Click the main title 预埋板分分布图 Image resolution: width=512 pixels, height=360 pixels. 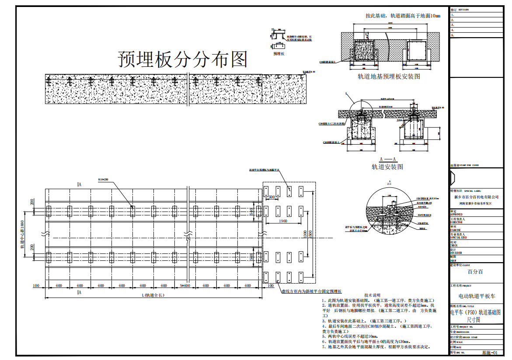183,59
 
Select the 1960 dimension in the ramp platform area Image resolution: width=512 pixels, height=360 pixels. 282,221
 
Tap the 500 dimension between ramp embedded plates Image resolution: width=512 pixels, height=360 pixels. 272,197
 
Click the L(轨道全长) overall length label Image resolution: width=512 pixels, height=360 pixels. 153,295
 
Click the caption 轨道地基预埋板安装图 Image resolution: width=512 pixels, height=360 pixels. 389,76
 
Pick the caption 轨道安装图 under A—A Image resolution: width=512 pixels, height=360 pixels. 387,166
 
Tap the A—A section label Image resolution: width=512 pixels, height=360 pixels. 387,159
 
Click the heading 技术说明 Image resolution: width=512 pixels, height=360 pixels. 373,295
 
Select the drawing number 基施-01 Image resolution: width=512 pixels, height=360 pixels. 490,352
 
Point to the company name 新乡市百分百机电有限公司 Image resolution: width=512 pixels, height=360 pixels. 476,198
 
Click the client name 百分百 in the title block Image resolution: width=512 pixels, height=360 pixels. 476,271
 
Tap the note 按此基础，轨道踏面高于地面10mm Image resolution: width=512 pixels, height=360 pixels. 403,16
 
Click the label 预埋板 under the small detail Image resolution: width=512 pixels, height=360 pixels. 279,54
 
